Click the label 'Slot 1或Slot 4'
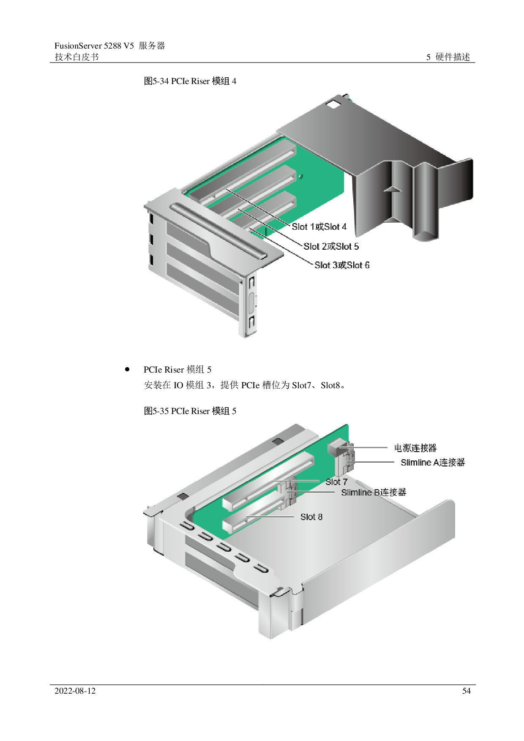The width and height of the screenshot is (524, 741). pyautogui.click(x=319, y=227)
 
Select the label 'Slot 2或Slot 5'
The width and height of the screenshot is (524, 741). pyautogui.click(x=331, y=246)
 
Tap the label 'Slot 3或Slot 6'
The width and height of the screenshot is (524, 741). pyautogui.click(x=342, y=265)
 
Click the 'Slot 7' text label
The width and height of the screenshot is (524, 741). pyautogui.click(x=336, y=482)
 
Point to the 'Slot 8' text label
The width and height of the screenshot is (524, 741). pyautogui.click(x=311, y=517)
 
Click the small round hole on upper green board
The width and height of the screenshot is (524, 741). pyautogui.click(x=300, y=177)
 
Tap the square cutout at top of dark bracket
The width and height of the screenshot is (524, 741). pyautogui.click(x=333, y=104)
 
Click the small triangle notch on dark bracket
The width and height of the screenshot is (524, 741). pyautogui.click(x=392, y=189)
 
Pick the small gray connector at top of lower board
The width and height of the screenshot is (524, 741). pyautogui.click(x=338, y=448)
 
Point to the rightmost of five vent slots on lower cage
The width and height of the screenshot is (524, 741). pyautogui.click(x=262, y=569)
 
